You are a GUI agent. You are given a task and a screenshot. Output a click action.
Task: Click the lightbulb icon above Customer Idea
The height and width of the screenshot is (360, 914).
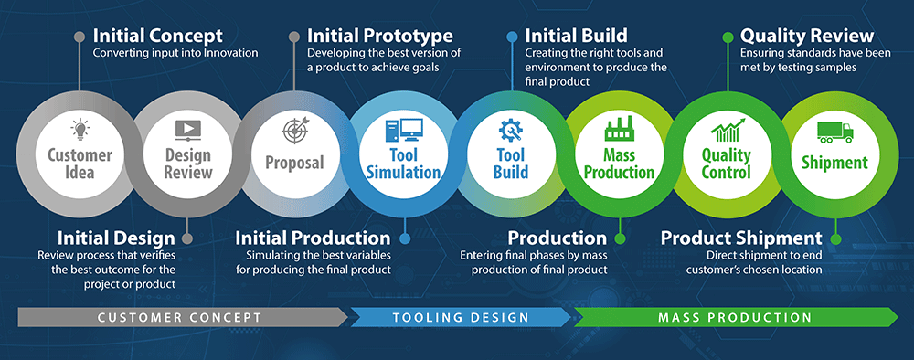click(80, 129)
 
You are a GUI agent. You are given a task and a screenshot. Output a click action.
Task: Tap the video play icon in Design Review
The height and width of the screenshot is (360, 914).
click(187, 129)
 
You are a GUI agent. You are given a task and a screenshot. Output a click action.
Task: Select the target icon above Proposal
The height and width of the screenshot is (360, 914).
click(294, 131)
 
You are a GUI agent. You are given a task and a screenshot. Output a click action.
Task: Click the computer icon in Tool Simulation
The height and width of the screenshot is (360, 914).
click(403, 131)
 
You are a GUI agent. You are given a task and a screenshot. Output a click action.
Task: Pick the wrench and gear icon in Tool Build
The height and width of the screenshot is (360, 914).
click(510, 130)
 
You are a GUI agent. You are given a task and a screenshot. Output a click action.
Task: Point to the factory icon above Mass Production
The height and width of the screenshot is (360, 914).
click(618, 130)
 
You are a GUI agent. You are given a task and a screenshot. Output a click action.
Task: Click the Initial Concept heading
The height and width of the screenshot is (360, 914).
click(157, 36)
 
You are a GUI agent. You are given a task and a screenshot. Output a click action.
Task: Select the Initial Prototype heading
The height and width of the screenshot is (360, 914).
click(379, 36)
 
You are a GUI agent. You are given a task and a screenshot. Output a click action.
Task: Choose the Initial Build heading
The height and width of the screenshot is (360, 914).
click(576, 36)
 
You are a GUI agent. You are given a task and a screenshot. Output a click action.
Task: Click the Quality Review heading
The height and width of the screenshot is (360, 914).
click(806, 36)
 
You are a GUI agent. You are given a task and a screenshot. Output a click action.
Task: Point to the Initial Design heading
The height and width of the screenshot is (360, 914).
click(116, 238)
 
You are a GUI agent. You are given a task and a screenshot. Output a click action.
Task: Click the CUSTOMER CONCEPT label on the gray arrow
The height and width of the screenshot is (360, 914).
click(179, 317)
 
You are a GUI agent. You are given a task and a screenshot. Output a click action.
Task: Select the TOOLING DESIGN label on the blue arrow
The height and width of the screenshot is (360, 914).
click(461, 317)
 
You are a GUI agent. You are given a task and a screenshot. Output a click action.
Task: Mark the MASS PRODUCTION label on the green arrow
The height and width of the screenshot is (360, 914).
click(734, 317)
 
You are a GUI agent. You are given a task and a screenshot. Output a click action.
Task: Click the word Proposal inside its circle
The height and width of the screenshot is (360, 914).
click(294, 163)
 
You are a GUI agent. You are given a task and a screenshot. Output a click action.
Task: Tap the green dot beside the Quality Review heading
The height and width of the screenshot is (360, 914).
click(728, 37)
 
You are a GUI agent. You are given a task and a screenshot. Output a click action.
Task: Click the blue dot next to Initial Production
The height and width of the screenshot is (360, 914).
click(404, 238)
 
